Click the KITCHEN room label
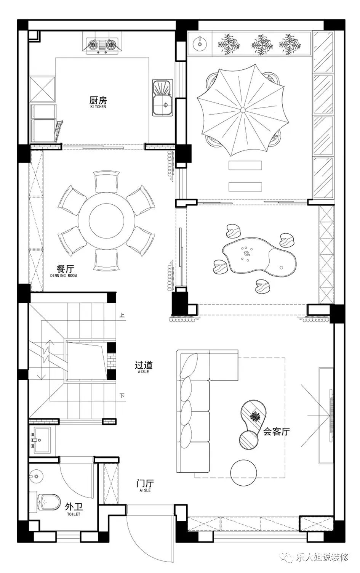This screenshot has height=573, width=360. click(x=98, y=107)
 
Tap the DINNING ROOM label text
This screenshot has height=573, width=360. click(x=63, y=276)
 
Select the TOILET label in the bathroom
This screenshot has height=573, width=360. click(x=74, y=514)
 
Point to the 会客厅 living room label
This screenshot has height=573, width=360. click(x=277, y=432)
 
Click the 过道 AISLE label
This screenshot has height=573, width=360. click(x=144, y=367)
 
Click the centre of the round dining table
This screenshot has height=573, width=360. click(x=107, y=220)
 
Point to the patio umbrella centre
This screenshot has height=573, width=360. click(x=243, y=110)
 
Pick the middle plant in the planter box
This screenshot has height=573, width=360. click(x=262, y=45)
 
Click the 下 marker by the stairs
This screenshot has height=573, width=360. click(x=122, y=396)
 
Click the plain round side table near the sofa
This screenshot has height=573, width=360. click(x=243, y=472)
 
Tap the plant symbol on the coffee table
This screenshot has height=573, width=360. click(x=255, y=417)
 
